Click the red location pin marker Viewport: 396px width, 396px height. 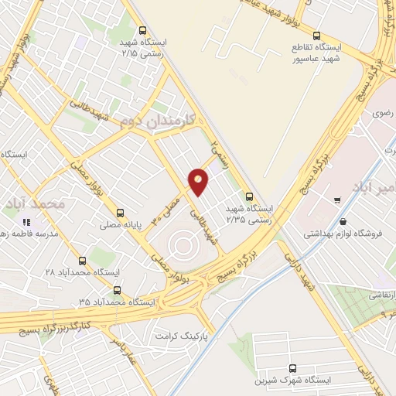click(x=199, y=182)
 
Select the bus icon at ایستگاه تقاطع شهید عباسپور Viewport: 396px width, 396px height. click(x=316, y=36)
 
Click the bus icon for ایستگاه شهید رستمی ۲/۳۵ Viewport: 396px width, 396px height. click(x=248, y=196)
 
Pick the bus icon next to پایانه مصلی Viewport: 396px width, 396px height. click(x=119, y=213)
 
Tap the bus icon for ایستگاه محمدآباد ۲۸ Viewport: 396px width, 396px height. click(x=83, y=261)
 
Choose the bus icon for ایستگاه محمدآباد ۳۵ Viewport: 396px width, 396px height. click(x=117, y=291)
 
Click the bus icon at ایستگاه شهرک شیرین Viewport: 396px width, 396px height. click(x=292, y=369)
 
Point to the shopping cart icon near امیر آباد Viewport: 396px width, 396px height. click(x=337, y=200)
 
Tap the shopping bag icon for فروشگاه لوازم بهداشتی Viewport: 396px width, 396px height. click(x=343, y=221)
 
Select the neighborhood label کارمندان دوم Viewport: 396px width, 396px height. click(x=159, y=121)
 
